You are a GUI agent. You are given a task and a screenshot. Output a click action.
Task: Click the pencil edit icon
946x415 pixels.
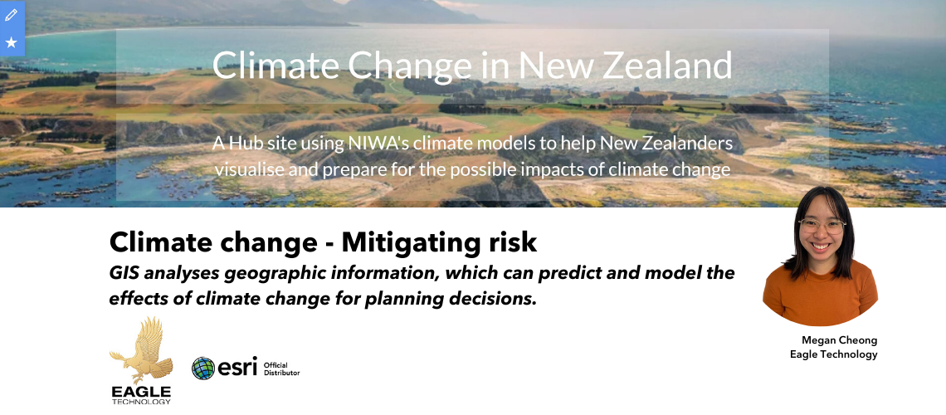tap(11, 14)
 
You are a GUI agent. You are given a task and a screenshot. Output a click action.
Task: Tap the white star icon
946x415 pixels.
tap(11, 42)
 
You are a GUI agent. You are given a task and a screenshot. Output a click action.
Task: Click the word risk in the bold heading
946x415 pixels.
tap(512, 242)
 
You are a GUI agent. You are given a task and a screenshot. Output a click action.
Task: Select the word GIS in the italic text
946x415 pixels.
tap(124, 272)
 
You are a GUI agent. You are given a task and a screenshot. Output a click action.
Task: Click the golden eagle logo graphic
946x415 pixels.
tap(141, 350)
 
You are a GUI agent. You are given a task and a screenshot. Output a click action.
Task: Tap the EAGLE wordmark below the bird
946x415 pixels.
tap(141, 392)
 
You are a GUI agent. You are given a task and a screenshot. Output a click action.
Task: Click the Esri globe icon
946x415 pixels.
tap(203, 368)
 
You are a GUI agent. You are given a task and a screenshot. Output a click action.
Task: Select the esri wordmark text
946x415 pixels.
tap(237, 367)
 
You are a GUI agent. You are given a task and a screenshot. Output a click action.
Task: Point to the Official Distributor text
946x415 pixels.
tap(282, 369)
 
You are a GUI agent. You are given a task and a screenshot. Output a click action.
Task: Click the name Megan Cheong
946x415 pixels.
tap(839, 340)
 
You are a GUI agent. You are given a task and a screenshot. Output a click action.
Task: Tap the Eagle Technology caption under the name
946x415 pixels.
tap(834, 354)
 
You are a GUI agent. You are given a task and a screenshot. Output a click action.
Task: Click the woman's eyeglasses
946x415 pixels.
tap(822, 227)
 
